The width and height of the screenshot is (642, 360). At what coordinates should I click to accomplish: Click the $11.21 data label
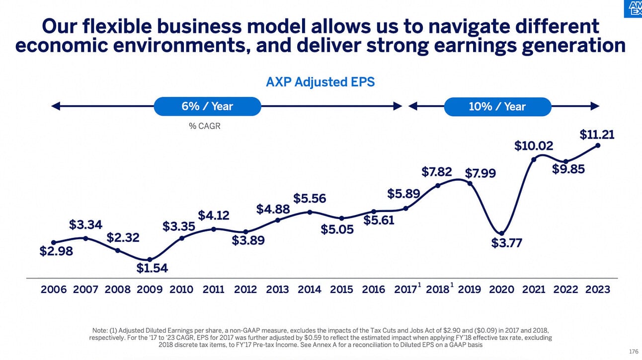click(x=597, y=135)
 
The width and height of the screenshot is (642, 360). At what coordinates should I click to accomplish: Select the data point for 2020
click(x=502, y=233)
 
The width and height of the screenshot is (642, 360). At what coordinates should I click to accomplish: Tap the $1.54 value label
click(x=153, y=269)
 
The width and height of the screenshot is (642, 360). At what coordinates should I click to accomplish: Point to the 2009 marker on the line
click(x=150, y=259)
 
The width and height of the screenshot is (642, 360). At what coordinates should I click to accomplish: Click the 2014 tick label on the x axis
click(x=310, y=289)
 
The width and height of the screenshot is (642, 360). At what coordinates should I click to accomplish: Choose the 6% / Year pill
click(x=207, y=106)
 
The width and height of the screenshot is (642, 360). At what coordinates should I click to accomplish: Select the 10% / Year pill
click(x=497, y=106)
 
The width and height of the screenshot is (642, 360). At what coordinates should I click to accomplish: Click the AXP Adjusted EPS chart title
click(x=321, y=82)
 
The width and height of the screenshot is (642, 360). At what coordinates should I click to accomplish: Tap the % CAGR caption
click(x=204, y=126)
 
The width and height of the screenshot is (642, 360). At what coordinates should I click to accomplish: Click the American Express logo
click(x=633, y=8)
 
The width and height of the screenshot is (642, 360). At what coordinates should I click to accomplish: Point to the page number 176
click(x=633, y=352)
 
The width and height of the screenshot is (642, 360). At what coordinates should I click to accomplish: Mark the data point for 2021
click(x=534, y=159)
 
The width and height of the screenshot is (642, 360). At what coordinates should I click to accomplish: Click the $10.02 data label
click(x=534, y=146)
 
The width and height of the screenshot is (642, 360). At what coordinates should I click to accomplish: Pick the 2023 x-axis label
click(x=598, y=289)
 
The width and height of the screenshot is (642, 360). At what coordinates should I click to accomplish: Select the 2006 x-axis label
click(x=54, y=289)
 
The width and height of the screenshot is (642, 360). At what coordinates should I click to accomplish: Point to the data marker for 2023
click(x=598, y=145)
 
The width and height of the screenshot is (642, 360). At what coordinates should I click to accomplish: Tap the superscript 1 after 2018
click(x=452, y=285)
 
